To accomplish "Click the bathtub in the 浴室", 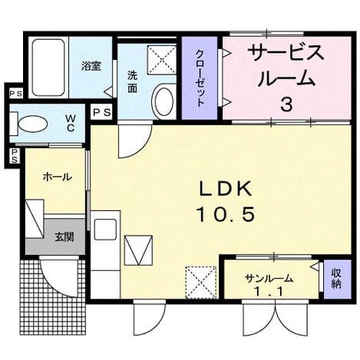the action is click(48, 68).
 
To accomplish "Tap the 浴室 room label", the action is click(91, 66).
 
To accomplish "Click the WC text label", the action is click(71, 123).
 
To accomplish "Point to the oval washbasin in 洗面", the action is click(163, 101).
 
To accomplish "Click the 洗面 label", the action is click(133, 81).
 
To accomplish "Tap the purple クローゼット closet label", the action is click(200, 78).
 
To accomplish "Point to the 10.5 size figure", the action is click(226, 214).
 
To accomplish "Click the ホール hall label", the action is click(58, 177).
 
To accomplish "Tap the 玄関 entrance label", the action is click(64, 237).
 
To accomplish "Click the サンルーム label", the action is click(269, 279).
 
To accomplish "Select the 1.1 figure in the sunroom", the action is click(269, 291).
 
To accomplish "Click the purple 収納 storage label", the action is click(336, 279).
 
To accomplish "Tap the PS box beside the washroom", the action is click(101, 112).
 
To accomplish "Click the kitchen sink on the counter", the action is click(105, 230).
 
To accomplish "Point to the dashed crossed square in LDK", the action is click(201, 282).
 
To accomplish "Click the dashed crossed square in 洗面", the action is click(162, 61).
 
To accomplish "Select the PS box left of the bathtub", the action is click(15, 94).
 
